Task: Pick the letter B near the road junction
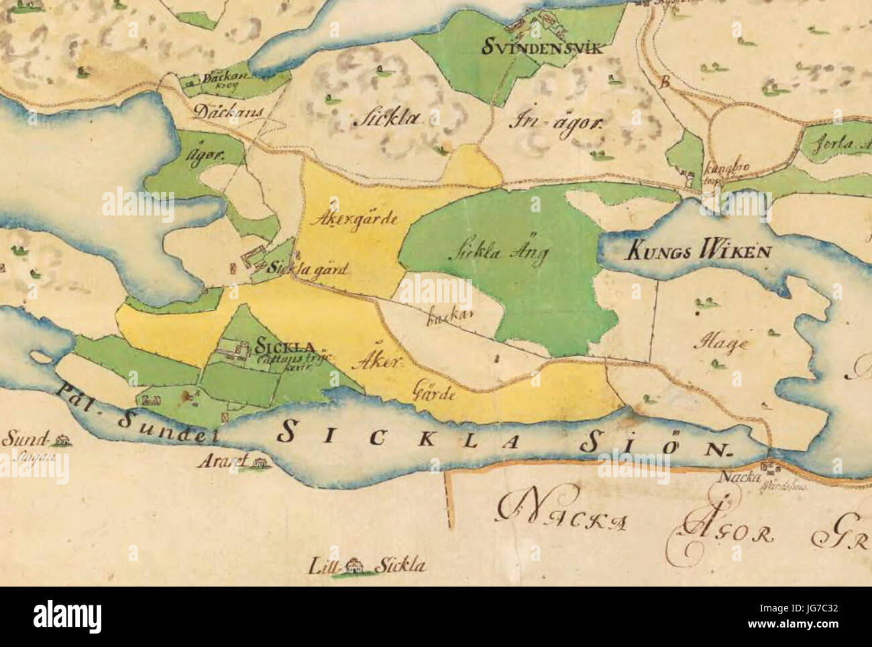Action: (x=665, y=84)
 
